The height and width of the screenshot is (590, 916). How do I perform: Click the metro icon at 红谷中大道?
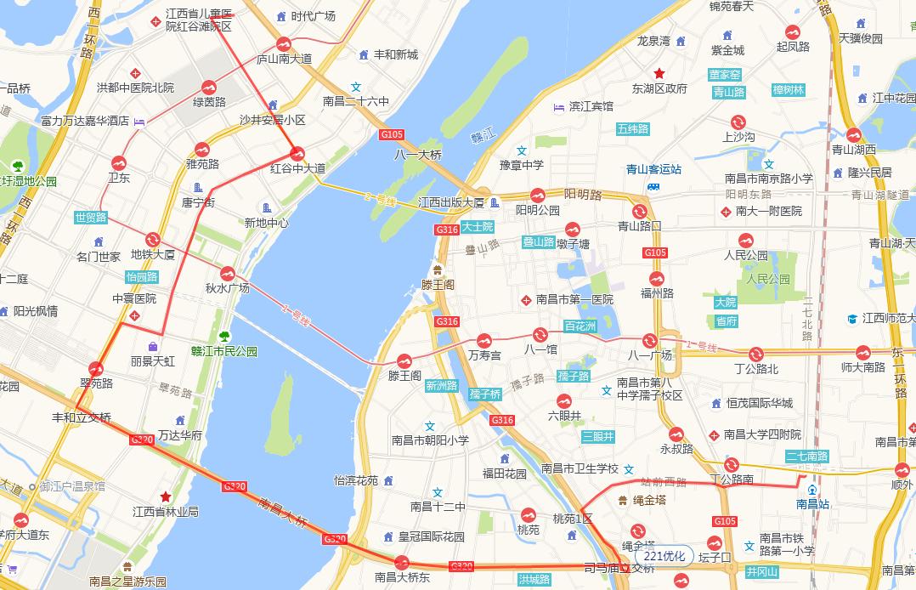click(297, 154)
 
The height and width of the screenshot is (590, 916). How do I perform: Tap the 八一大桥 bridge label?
click(418, 155)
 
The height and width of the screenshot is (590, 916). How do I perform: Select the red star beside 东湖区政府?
click(659, 73)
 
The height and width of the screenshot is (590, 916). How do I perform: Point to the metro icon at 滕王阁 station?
click(404, 360)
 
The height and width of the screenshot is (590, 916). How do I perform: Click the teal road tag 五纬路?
click(632, 129)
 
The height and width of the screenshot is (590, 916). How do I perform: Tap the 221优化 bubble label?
click(664, 556)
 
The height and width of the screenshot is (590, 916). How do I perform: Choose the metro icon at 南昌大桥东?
click(402, 562)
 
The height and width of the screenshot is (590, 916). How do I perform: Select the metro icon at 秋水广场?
click(227, 274)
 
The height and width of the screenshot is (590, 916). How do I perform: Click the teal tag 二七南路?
click(806, 457)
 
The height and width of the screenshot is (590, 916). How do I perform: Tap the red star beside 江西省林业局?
click(166, 496)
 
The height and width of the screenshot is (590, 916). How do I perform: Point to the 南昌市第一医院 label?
click(574, 299)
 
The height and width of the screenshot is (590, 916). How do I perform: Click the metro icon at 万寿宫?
click(484, 340)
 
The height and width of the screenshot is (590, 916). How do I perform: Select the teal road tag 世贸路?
click(91, 217)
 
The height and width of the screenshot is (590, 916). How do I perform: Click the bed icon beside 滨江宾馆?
click(558, 106)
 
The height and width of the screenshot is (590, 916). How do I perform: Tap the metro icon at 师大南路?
click(863, 352)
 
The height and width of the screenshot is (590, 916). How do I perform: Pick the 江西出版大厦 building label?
click(451, 202)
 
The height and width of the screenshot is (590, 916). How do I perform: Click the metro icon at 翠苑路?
click(96, 369)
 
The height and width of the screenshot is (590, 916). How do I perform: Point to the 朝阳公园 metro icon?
click(536, 195)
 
